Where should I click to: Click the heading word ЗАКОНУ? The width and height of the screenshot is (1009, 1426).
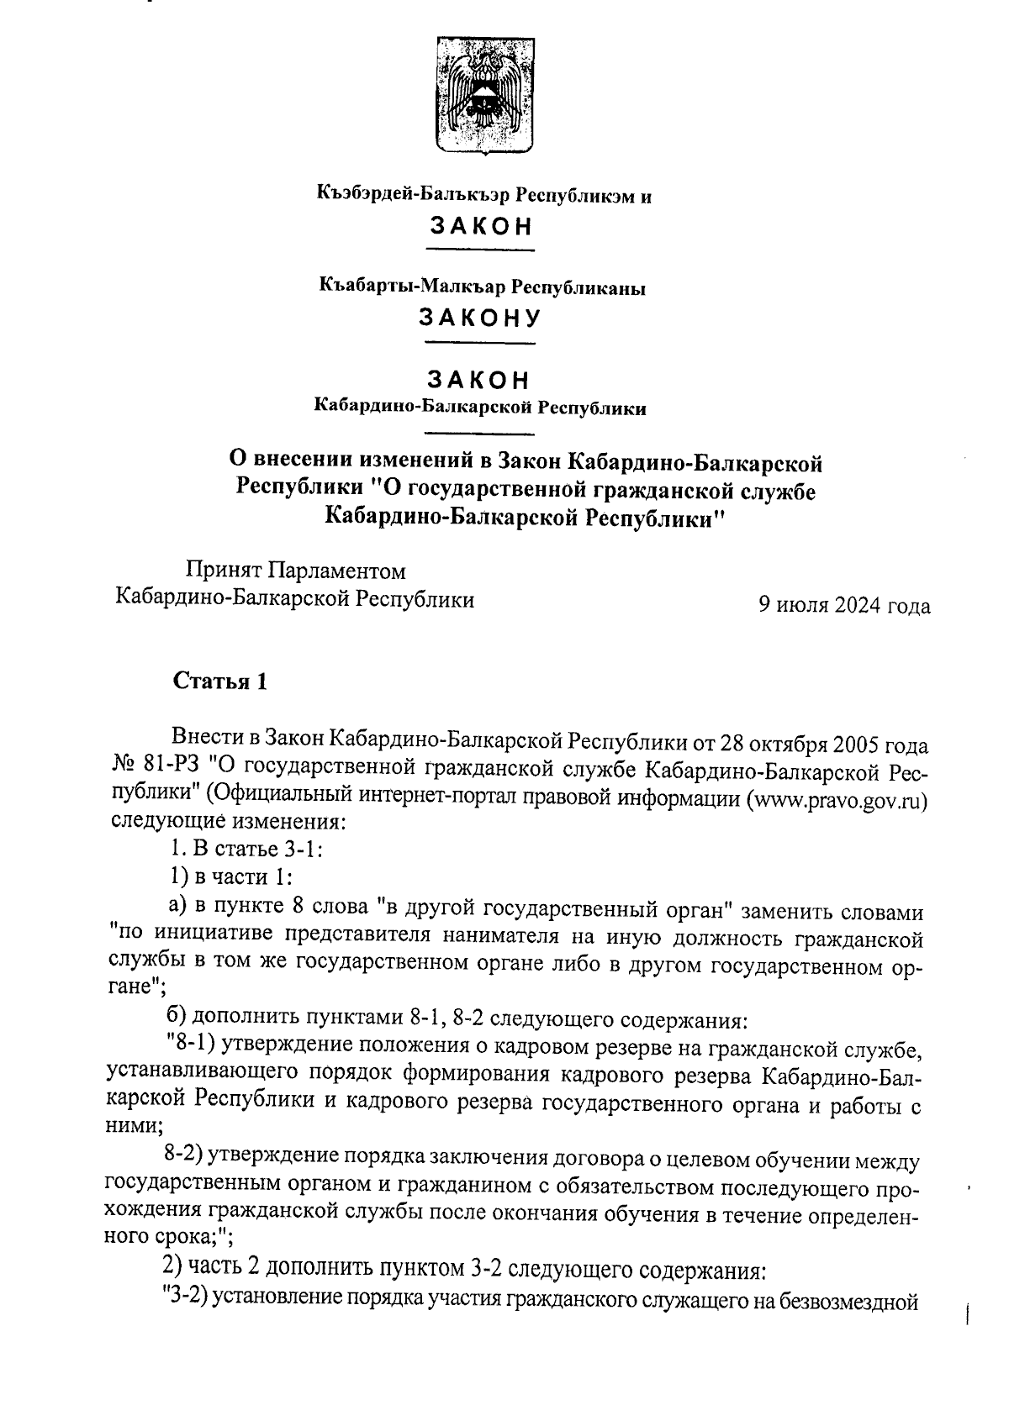click(481, 318)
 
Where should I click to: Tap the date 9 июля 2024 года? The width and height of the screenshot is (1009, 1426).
click(844, 606)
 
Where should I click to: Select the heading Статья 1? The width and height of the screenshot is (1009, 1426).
click(220, 681)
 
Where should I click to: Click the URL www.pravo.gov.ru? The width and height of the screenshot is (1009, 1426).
click(837, 797)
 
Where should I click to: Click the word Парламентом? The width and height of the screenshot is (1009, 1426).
click(336, 571)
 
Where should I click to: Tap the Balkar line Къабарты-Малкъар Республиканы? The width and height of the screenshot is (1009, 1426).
click(481, 287)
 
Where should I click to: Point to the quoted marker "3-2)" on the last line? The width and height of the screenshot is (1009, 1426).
click(185, 1297)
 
